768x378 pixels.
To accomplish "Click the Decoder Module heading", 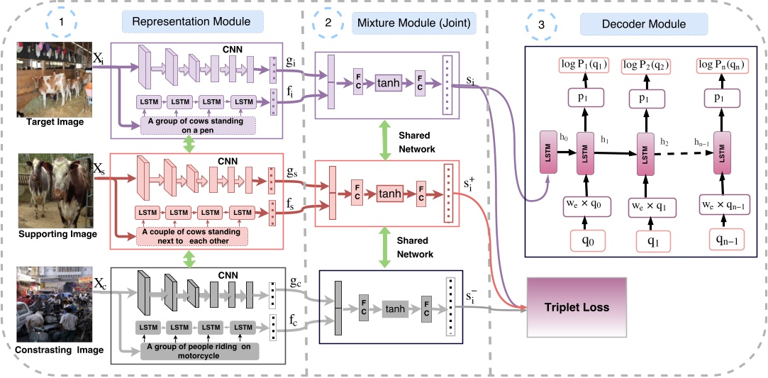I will point(643,23).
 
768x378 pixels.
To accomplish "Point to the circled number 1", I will point(63,23).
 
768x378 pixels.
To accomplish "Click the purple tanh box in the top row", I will point(388,83).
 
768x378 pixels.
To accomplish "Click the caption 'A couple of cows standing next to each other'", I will point(191,235).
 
